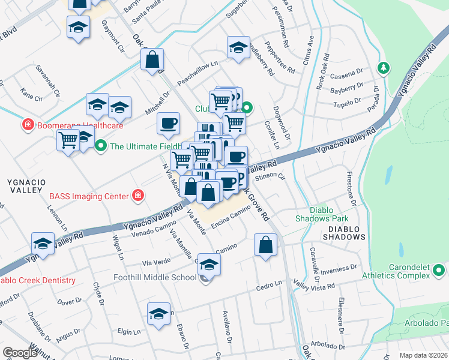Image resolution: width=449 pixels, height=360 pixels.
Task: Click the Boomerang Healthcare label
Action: point(80,125)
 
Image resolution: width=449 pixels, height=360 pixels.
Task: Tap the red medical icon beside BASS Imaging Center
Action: point(139,196)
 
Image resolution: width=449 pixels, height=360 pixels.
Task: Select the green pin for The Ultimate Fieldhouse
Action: point(100,146)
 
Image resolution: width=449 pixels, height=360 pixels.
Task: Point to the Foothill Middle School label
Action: point(155,277)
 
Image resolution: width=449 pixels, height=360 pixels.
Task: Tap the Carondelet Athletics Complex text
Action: point(396,271)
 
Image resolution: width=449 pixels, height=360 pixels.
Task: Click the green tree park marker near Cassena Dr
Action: point(382,67)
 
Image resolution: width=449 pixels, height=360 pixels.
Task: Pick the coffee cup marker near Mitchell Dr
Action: point(168,123)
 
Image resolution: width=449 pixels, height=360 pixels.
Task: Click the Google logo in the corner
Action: point(19,353)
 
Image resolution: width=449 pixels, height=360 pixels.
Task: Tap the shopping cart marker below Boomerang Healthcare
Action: point(68,140)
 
